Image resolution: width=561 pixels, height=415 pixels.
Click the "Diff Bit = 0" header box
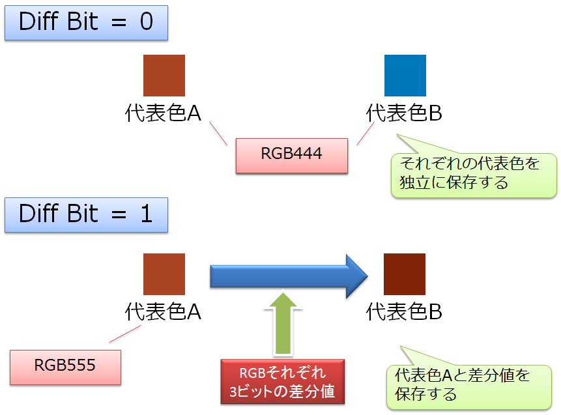[86, 23]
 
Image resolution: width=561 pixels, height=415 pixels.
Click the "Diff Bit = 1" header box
[86, 215]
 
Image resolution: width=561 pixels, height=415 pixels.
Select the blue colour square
[405, 76]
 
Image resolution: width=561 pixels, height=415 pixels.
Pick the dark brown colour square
[405, 274]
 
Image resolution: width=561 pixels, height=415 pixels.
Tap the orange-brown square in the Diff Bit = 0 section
[164, 76]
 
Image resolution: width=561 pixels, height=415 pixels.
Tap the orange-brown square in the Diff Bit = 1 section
[164, 274]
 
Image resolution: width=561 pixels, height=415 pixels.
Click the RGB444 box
[292, 156]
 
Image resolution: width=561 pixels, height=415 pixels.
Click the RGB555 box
[65, 367]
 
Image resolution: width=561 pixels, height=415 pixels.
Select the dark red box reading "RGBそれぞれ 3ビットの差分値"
[283, 382]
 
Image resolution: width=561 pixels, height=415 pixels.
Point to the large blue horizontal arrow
[289, 276]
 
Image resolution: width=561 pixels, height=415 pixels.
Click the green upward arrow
[283, 324]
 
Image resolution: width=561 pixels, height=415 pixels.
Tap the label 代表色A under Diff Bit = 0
[163, 113]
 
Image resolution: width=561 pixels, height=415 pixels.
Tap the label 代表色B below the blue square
[404, 113]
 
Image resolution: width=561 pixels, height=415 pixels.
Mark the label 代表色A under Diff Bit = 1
[163, 311]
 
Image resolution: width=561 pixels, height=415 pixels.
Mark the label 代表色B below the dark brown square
[404, 311]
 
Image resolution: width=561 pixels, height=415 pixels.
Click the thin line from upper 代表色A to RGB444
[218, 133]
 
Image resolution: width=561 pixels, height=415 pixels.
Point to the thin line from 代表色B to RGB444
[366, 134]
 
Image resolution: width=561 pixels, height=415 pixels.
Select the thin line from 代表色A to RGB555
[125, 334]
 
